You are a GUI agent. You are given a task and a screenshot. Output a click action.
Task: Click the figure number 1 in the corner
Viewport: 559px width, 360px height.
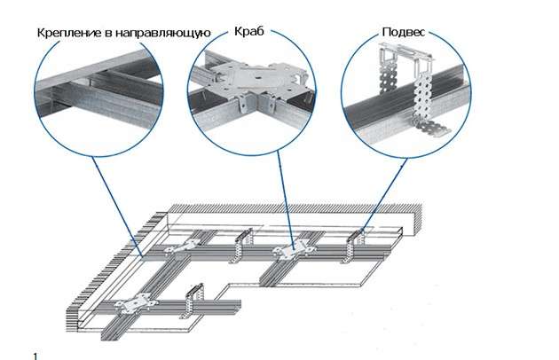(35, 355)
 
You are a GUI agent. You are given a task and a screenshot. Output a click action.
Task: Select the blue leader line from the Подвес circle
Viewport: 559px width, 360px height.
(383, 192)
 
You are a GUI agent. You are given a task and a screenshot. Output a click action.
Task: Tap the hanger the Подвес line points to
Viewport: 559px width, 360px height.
(357, 238)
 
